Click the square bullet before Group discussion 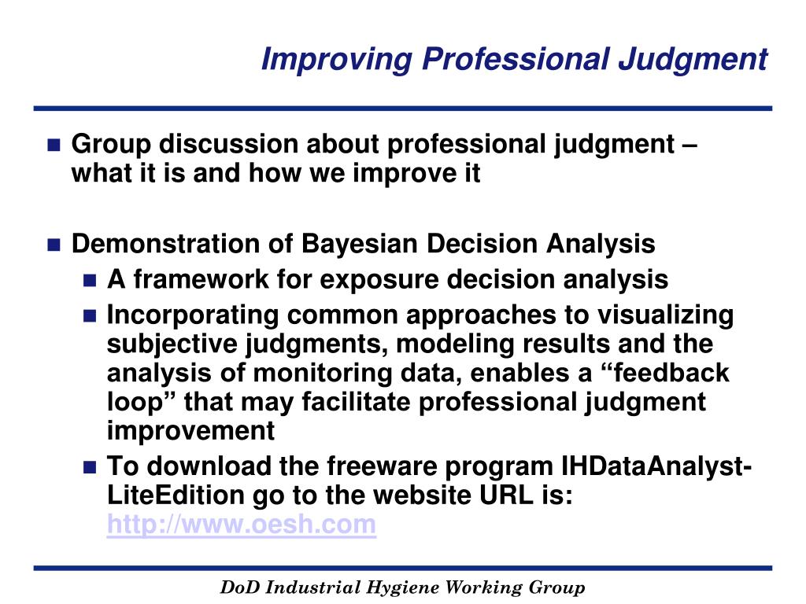54,145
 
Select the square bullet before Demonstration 54,245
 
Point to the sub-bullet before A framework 90,280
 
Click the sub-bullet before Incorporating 90,316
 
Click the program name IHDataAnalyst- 653,466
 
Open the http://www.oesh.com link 241,524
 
